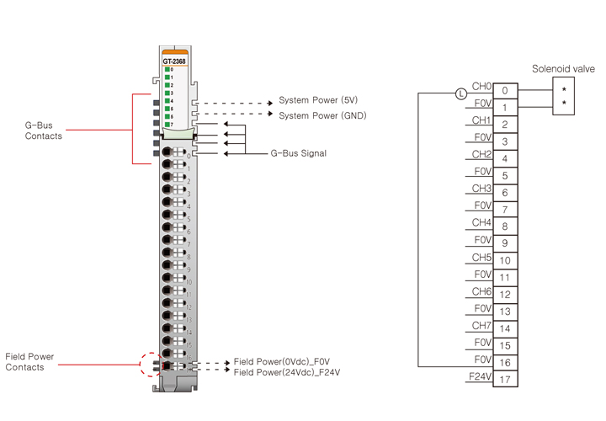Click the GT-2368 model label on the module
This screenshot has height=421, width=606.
174,61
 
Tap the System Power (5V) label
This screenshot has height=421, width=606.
317,99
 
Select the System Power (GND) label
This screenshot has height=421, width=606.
322,115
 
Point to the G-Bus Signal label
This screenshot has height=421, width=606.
298,154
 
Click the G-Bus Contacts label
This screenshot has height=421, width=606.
43,131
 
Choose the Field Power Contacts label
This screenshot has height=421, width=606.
29,362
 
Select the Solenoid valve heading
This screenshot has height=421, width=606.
563,68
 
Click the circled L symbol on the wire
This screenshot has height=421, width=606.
460,93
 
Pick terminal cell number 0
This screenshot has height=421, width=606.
504,90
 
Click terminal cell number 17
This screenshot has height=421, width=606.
504,380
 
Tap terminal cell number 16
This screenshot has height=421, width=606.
504,363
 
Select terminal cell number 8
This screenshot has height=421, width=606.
504,226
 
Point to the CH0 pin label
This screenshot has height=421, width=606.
481,86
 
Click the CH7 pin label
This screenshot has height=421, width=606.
481,324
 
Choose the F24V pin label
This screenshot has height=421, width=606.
480,376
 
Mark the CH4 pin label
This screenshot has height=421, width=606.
481,222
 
